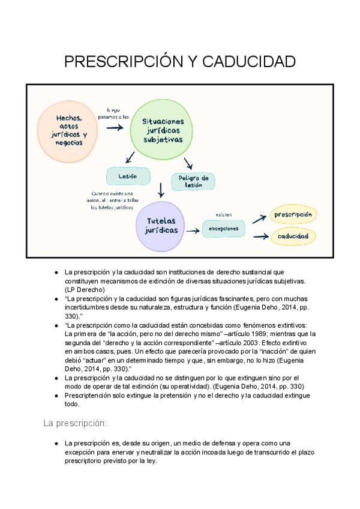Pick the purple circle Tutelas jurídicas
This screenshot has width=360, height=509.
tap(161, 226)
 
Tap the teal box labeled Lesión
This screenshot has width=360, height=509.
tap(127, 176)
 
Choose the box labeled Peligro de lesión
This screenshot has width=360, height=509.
tap(193, 181)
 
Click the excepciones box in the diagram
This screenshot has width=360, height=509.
tap(223, 228)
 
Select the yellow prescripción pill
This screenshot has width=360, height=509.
tap(293, 214)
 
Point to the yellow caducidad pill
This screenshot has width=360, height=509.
tap(293, 236)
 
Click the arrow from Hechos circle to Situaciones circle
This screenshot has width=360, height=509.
tap(112, 128)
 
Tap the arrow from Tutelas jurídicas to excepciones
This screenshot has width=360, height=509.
tap(193, 230)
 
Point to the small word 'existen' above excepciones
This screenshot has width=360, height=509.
tap(224, 214)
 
